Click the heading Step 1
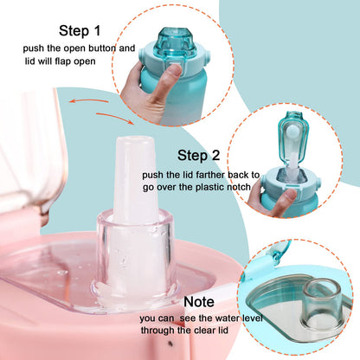pyautogui.click(x=80, y=30)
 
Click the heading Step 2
pyautogui.click(x=198, y=155)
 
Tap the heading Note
pyautogui.click(x=199, y=302)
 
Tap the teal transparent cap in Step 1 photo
pyautogui.click(x=175, y=42)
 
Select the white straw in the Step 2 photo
pyautogui.click(x=292, y=163)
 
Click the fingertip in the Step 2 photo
pyautogui.click(x=288, y=196)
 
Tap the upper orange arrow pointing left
pyautogui.click(x=88, y=101)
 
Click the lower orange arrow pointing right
pyautogui.click(x=115, y=118)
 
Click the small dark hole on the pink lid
pyautogui.click(x=170, y=344)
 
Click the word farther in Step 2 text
pyautogui.click(x=210, y=175)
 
